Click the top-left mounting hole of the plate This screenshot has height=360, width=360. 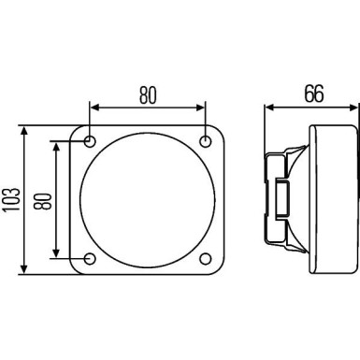point(90,141)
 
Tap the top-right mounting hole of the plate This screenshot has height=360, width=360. point(206,141)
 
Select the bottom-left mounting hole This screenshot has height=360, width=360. point(90,257)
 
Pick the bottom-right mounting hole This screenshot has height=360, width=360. point(206,257)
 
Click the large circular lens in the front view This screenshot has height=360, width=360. point(148,199)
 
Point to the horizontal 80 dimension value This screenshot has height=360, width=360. point(148,94)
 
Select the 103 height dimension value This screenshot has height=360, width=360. point(12,199)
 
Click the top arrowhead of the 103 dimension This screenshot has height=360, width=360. point(24,132)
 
